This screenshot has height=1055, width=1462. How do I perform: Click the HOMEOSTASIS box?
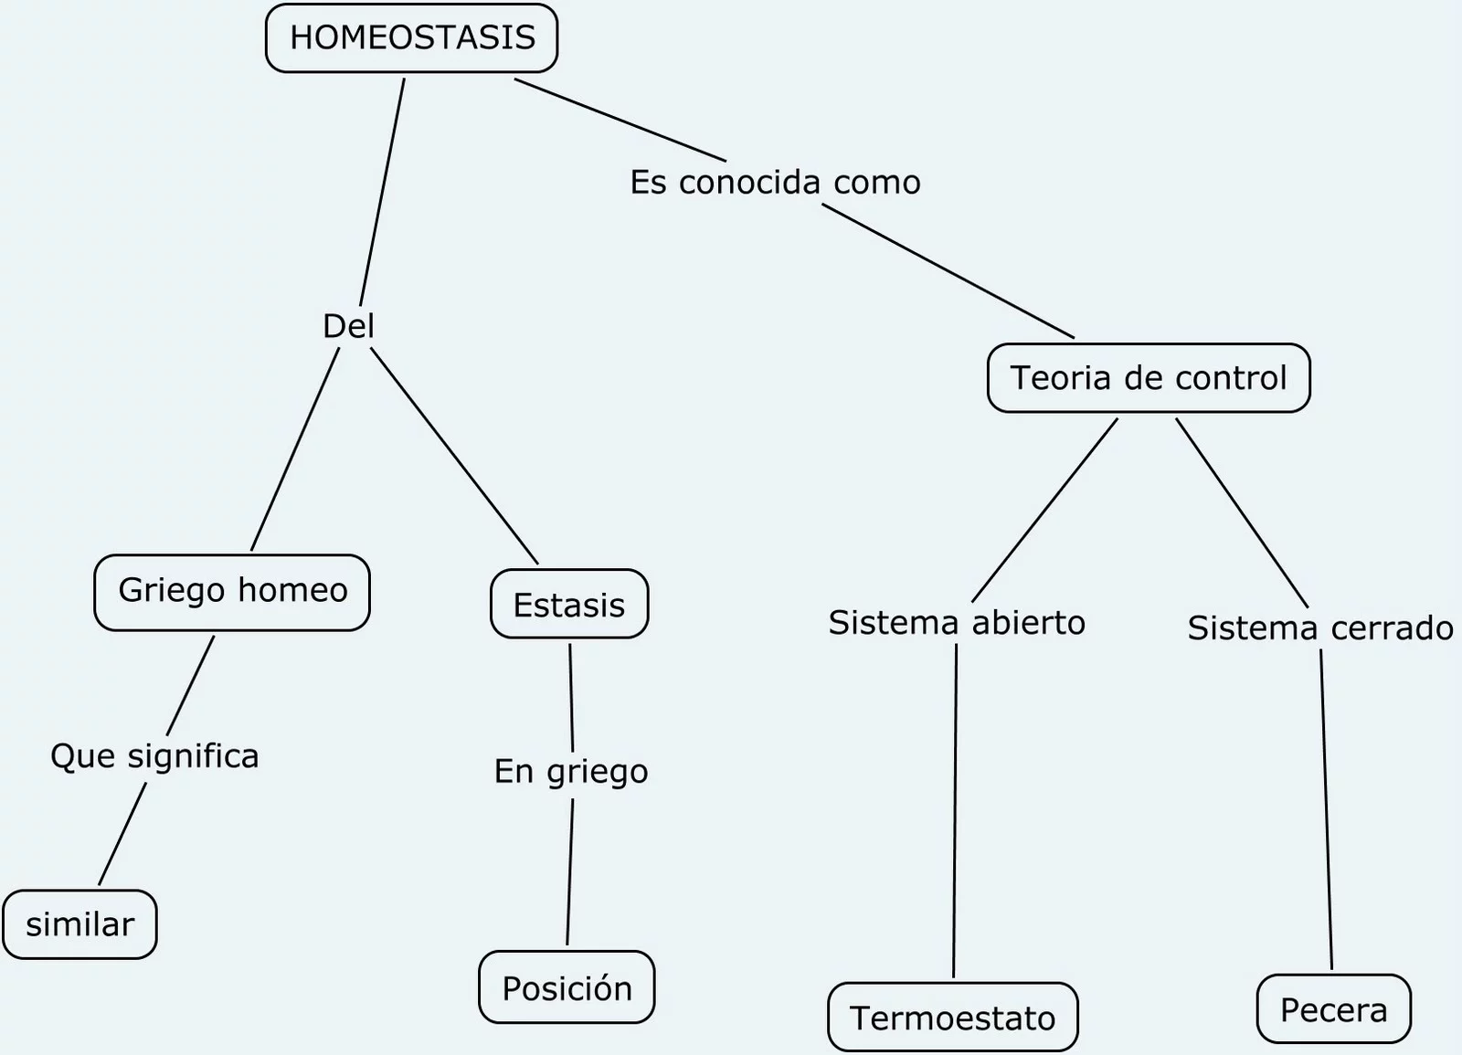[411, 38]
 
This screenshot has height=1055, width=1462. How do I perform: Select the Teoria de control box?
[1149, 378]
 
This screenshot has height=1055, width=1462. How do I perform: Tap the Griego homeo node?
[232, 592]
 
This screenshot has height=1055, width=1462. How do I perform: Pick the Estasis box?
[568, 605]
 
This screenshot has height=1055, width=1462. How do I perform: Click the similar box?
[79, 924]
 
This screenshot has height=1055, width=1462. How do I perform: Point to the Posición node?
[567, 987]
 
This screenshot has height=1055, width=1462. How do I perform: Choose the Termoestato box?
[952, 1018]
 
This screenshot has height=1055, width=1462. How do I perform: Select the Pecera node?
[1333, 1009]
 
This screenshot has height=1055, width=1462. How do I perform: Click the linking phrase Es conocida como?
[775, 182]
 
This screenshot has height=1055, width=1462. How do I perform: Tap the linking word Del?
[348, 326]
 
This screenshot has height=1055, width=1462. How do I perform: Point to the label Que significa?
[154, 756]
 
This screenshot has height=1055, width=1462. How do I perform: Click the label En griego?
[571, 772]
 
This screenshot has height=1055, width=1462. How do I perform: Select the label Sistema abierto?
[956, 623]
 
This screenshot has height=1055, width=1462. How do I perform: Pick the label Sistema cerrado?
[1319, 628]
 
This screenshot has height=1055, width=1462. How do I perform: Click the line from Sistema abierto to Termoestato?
[955, 813]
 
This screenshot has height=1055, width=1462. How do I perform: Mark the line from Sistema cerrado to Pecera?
[1326, 808]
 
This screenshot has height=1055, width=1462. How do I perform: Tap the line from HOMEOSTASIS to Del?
[382, 192]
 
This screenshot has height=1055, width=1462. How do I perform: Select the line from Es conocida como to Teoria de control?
[948, 271]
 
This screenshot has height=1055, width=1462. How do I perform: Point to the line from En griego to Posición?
[570, 872]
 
